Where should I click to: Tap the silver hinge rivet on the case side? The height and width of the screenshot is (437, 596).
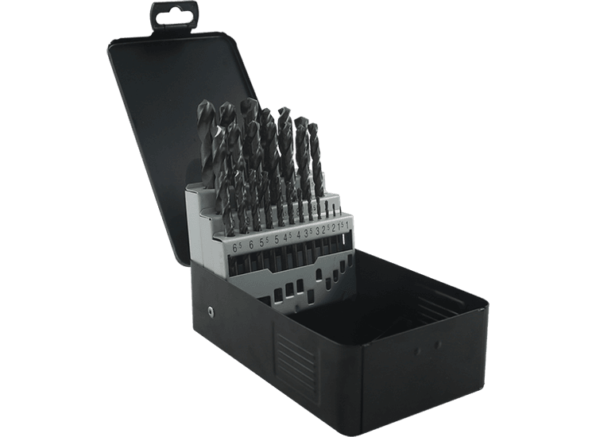211,311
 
